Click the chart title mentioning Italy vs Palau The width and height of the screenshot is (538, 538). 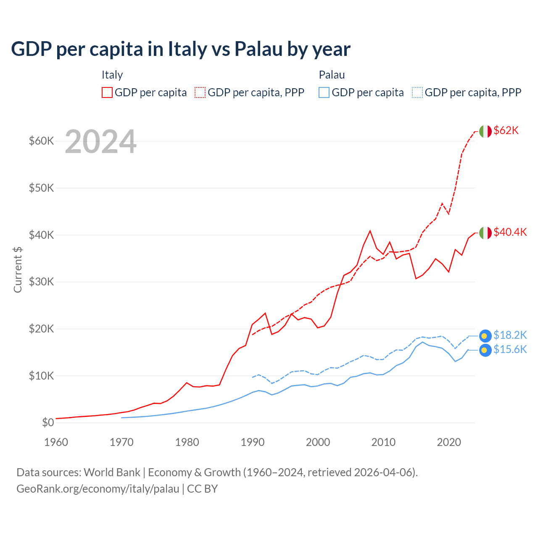[181, 49]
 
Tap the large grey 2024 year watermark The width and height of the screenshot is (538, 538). [100, 142]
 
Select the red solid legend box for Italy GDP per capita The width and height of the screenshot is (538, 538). [107, 92]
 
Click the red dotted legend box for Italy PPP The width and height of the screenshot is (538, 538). [200, 92]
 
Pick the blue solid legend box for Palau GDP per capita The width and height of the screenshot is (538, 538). [324, 92]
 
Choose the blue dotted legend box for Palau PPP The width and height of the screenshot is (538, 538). [417, 92]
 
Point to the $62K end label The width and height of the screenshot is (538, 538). [506, 131]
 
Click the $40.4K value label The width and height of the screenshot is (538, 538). [510, 232]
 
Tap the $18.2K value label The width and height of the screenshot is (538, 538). [510, 335]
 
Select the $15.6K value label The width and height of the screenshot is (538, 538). [510, 350]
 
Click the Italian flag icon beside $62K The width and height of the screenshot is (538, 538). [485, 131]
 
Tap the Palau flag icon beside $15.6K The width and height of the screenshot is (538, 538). [485, 350]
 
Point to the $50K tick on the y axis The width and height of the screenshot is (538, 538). [42, 188]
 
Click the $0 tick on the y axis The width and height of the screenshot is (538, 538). [48, 422]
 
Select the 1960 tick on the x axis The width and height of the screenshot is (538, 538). [56, 442]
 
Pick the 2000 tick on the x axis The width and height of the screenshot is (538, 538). [318, 442]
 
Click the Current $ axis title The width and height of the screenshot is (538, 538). [18, 269]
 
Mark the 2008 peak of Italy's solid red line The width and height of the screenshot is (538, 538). [370, 231]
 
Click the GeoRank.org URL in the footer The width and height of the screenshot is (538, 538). [98, 489]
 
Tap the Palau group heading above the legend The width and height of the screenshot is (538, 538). [332, 75]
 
